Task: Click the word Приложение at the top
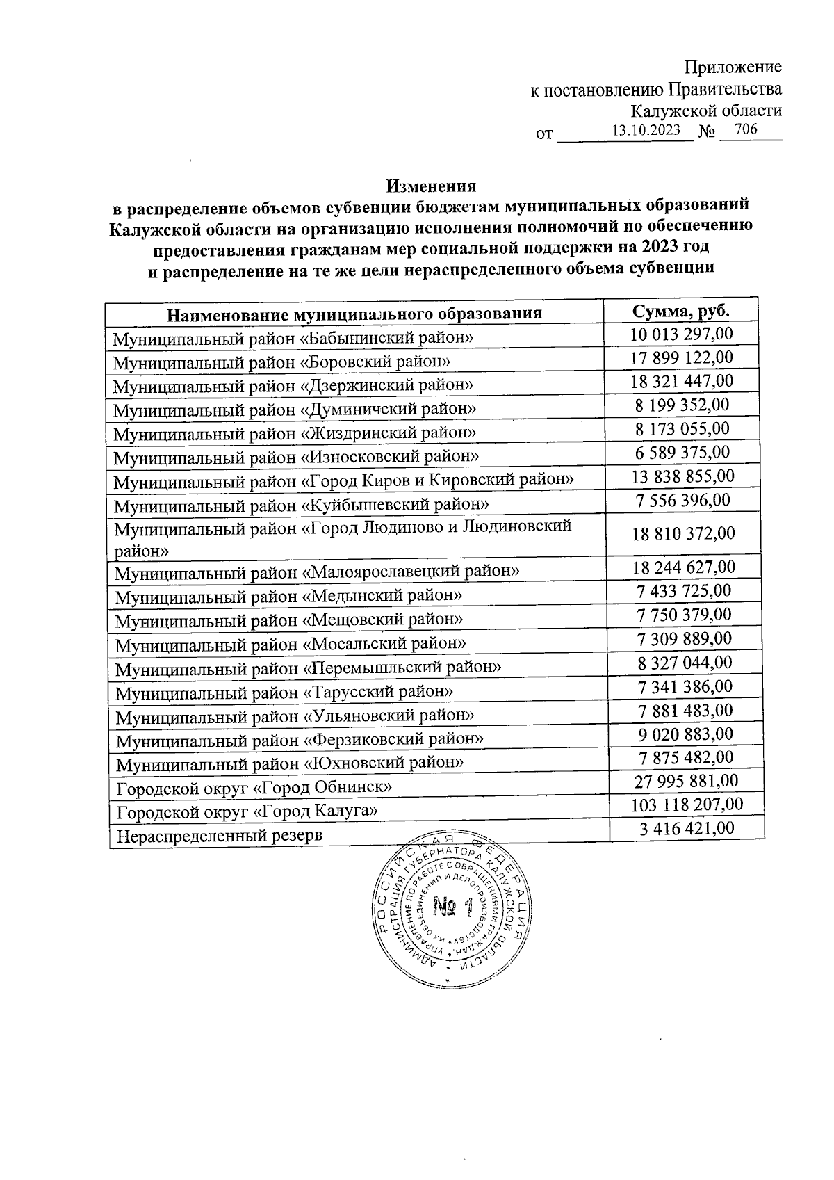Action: pyautogui.click(x=733, y=67)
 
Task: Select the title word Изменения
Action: pyautogui.click(x=431, y=186)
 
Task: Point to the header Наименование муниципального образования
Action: pyautogui.click(x=354, y=314)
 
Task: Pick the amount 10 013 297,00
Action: pyautogui.click(x=681, y=334)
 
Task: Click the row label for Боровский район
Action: pyautogui.click(x=281, y=362)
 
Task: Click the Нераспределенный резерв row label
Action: pyautogui.click(x=220, y=835)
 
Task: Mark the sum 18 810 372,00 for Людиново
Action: pyautogui.click(x=683, y=533)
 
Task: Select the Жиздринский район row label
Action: pyautogui.click(x=295, y=433)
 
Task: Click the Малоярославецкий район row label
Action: pyautogui.click(x=317, y=572)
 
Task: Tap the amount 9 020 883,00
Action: pyautogui.click(x=685, y=734)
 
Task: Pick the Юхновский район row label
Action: pyautogui.click(x=289, y=763)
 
